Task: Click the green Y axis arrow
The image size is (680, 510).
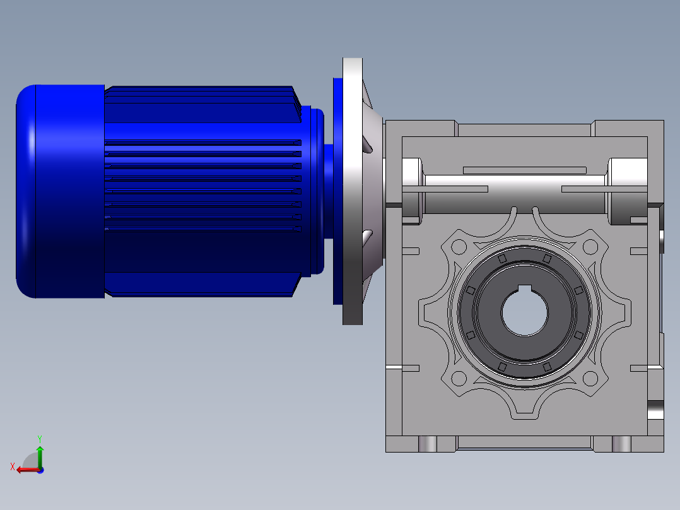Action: (40, 456)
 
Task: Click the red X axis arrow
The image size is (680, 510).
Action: (28, 470)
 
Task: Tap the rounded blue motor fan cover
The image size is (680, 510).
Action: (61, 191)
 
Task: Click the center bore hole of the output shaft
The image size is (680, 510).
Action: (525, 312)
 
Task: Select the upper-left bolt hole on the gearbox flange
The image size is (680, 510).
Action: (459, 247)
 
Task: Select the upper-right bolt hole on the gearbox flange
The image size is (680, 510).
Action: (590, 247)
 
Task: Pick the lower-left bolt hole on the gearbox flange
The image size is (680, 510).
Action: (459, 379)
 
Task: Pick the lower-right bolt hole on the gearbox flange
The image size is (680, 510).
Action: (590, 379)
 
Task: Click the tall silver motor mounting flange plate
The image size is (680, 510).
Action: (353, 191)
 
